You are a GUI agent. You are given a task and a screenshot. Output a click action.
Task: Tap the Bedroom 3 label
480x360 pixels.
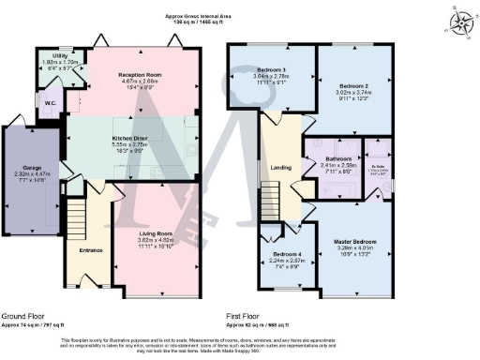[273, 70]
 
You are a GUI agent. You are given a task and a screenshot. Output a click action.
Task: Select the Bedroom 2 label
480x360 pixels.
[354, 85]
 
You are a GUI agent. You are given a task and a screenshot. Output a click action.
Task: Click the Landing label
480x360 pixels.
[280, 168]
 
